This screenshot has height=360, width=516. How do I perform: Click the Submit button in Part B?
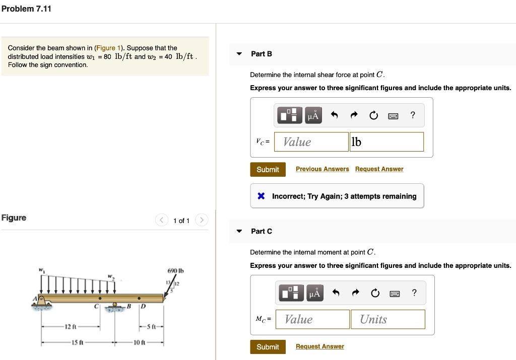coord(268,169)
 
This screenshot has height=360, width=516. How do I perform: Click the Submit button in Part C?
coord(268,347)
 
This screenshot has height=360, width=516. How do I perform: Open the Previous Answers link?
coord(322,169)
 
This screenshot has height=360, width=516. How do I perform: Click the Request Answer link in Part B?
coord(379,169)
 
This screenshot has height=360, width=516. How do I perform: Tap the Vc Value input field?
coord(311,142)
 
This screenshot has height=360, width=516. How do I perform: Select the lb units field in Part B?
coord(386,142)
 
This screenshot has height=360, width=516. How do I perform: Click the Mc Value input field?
coord(312,319)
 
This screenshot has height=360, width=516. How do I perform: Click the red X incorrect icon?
coord(261,196)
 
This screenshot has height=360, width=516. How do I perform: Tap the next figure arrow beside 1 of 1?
coord(201,221)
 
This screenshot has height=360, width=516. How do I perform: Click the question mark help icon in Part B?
coord(413,115)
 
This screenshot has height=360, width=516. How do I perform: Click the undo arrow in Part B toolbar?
coord(334,115)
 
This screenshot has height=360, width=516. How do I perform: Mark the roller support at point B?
coord(115,307)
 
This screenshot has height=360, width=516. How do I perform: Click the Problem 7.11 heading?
coord(26,9)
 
